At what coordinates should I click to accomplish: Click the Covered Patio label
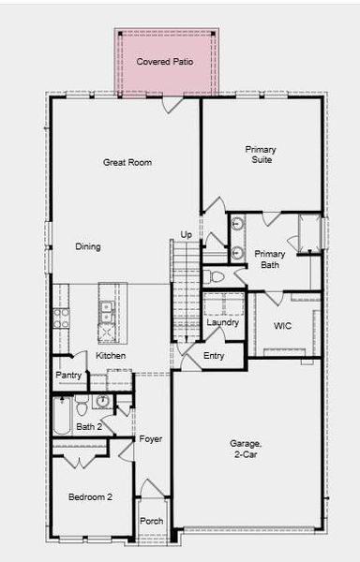(x=166, y=62)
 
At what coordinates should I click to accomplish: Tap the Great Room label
(x=127, y=162)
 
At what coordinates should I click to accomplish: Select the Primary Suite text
(x=261, y=155)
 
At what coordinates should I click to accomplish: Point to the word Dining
(x=88, y=246)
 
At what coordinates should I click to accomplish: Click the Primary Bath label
(x=270, y=259)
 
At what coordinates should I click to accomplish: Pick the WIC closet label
(x=282, y=326)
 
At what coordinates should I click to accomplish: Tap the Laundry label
(x=223, y=322)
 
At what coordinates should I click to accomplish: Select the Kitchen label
(x=111, y=355)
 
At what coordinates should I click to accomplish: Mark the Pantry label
(x=68, y=375)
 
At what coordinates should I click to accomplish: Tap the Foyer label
(x=151, y=438)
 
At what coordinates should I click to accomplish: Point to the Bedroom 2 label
(x=90, y=496)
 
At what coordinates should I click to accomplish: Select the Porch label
(x=151, y=521)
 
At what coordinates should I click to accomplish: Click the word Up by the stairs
(x=186, y=234)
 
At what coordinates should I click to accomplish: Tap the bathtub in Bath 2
(x=62, y=416)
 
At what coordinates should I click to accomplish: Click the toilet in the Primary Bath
(x=214, y=276)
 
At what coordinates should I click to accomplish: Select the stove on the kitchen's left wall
(x=61, y=318)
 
